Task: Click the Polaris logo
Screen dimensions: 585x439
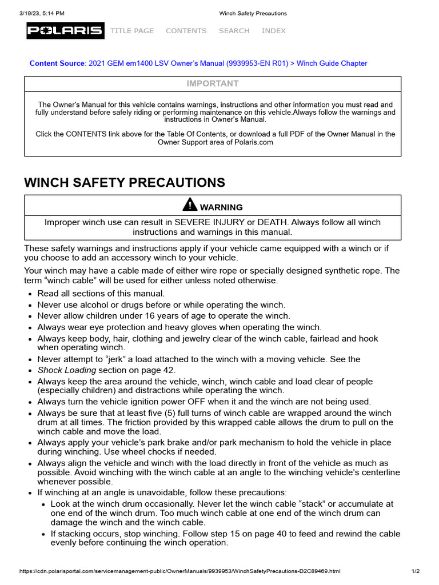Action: [65, 31]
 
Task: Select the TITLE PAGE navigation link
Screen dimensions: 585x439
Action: [132, 31]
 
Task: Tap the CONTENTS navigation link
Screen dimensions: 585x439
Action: [186, 31]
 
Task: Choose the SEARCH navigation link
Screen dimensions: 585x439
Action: [234, 31]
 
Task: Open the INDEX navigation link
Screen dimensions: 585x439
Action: [273, 31]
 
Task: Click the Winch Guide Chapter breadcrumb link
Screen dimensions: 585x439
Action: [332, 63]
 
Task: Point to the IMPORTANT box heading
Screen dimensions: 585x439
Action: [213, 84]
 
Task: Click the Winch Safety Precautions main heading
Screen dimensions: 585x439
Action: [124, 183]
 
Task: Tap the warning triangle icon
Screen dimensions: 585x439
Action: [189, 205]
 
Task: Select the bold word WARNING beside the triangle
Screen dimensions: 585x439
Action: [221, 207]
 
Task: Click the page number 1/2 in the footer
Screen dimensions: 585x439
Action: [416, 571]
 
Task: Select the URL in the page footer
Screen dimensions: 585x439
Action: [180, 571]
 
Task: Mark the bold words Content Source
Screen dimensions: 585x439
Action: [57, 63]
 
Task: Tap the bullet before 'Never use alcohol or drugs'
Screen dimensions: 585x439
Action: [30, 306]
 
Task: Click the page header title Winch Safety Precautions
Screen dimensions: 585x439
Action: [253, 13]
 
